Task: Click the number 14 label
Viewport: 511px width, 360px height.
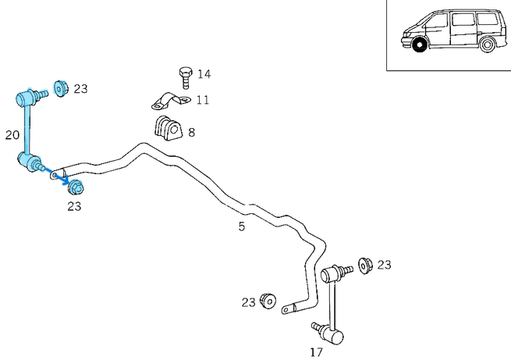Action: tap(204, 74)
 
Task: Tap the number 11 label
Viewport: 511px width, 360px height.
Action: tap(202, 99)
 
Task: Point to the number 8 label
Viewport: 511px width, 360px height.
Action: tap(191, 132)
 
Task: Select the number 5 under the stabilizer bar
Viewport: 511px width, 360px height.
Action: tap(242, 226)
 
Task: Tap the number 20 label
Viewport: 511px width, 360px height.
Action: tap(12, 135)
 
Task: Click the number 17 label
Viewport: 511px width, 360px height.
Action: tap(316, 352)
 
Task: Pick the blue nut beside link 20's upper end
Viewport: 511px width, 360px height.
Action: tap(59, 87)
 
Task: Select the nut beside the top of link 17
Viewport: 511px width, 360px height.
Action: tap(364, 266)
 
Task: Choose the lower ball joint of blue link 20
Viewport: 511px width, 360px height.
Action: tap(30, 162)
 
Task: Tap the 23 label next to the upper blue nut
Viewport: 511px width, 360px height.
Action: tap(80, 88)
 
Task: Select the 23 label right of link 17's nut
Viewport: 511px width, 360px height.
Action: tap(384, 266)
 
